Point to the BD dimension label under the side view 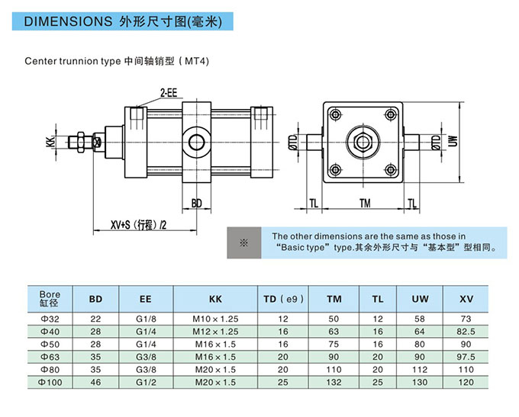point(196,204)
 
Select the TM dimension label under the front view point(364,204)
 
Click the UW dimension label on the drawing point(453,141)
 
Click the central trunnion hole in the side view point(196,142)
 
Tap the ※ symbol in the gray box point(244,242)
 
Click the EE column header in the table point(145,299)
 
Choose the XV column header point(466,299)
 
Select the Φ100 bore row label point(50,380)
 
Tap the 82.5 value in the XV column point(466,331)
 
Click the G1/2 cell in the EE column point(145,380)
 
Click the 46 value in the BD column point(95,380)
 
